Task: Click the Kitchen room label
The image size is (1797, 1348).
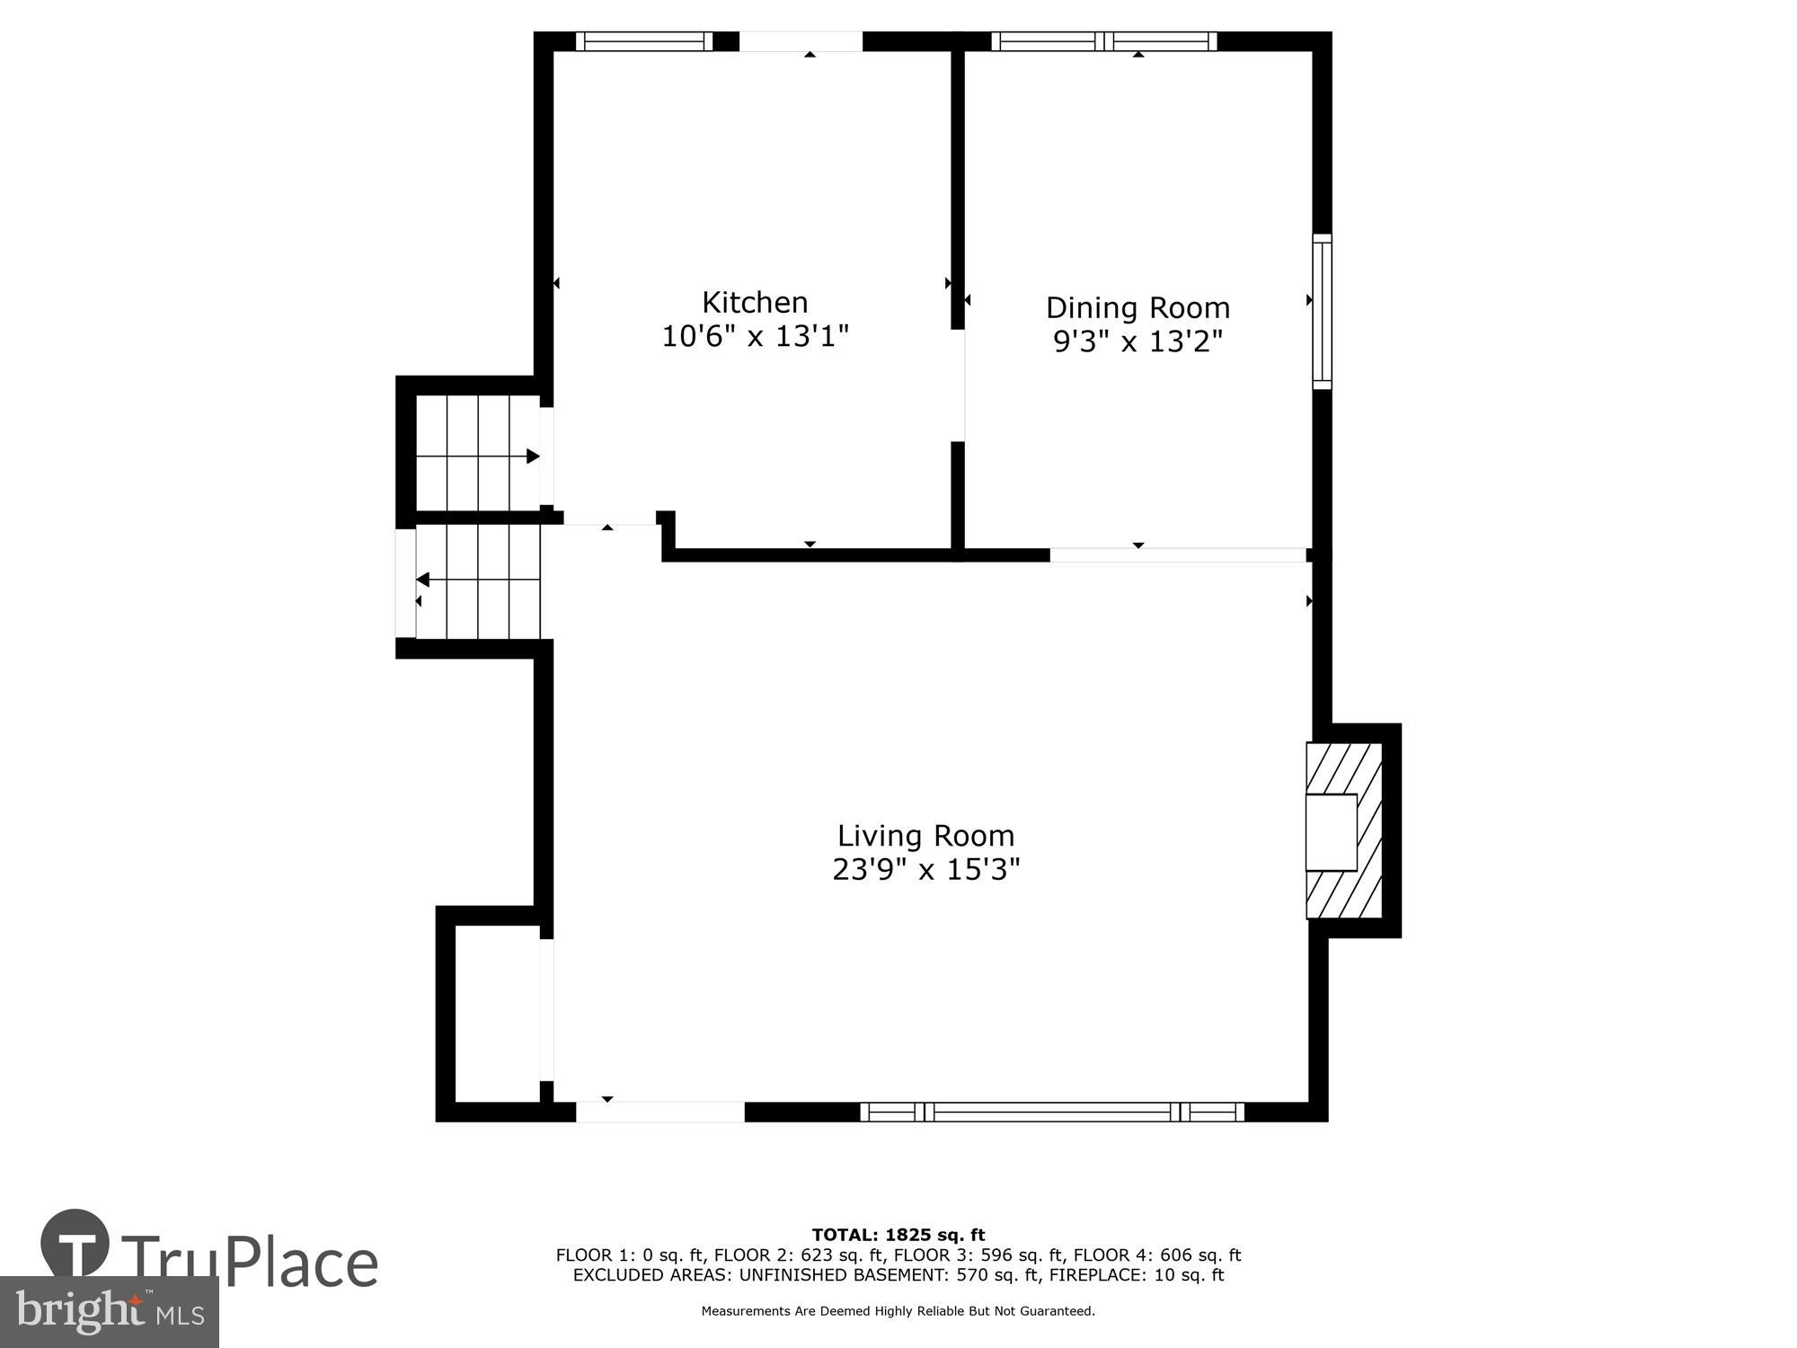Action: (755, 302)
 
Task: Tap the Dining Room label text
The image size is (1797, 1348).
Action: (1138, 307)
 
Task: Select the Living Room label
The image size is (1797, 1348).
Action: (925, 836)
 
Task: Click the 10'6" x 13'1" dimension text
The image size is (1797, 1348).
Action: (755, 337)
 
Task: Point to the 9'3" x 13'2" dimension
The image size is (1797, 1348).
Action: (1138, 342)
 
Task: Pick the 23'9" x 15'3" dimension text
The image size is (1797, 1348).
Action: (925, 870)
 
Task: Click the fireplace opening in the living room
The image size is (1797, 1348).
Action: (1331, 832)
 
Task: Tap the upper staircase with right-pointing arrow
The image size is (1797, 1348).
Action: (477, 453)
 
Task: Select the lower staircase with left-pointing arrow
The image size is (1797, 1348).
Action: (477, 581)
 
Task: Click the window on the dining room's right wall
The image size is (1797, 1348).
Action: (1322, 312)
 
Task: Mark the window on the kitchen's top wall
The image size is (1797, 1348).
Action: (643, 41)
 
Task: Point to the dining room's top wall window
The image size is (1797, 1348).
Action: (1104, 41)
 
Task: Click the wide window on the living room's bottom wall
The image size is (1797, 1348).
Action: (1052, 1113)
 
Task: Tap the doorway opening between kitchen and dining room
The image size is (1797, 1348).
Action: (959, 386)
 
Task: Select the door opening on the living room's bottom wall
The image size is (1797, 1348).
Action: (659, 1113)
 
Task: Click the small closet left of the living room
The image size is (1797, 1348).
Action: (496, 1013)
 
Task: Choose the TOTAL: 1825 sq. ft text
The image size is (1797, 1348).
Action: (898, 1235)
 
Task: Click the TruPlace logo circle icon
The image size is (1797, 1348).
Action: (75, 1244)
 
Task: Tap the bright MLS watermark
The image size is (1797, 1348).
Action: (109, 1312)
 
